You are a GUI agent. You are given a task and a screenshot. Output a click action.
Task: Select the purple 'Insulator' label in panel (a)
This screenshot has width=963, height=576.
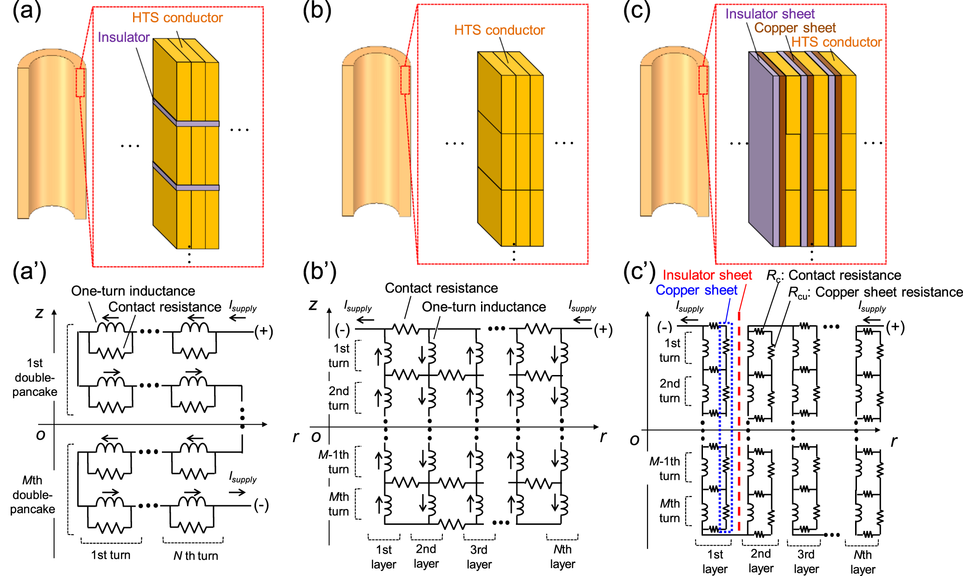[123, 37]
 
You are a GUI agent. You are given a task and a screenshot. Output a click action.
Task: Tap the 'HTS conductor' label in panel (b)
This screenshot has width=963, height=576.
[499, 30]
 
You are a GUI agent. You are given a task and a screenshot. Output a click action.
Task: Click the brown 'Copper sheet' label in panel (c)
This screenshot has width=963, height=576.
[795, 28]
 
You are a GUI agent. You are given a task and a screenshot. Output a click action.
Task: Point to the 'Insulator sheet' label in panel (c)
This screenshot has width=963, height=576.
[769, 14]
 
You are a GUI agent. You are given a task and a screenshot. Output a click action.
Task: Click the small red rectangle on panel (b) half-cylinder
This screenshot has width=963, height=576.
[405, 80]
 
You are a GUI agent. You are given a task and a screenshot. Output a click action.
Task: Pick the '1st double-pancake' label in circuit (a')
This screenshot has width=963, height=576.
[34, 377]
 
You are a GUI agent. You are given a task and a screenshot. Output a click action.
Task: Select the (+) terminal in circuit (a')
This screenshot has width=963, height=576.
[263, 331]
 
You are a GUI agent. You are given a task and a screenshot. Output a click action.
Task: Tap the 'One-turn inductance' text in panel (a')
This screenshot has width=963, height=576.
[133, 291]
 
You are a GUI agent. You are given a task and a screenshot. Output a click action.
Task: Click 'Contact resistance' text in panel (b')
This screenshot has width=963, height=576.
[441, 288]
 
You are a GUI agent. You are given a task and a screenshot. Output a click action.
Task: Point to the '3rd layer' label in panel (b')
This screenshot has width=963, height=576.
[479, 557]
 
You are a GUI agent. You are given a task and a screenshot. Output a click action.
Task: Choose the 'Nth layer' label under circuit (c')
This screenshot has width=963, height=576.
[863, 562]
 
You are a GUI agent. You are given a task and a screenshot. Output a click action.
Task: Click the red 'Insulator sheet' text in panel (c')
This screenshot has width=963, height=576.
[707, 275]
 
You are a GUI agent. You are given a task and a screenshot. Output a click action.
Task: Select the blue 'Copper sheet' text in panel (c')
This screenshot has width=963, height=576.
[696, 290]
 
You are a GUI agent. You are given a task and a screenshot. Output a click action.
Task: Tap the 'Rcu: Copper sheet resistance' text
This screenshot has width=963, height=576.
[875, 292]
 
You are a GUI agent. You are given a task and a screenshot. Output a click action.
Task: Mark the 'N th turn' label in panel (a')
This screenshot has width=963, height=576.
[195, 556]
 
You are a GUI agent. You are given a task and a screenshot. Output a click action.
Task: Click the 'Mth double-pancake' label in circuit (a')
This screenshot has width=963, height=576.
[33, 495]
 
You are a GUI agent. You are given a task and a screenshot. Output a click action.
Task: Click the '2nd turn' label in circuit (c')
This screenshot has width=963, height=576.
[669, 391]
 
